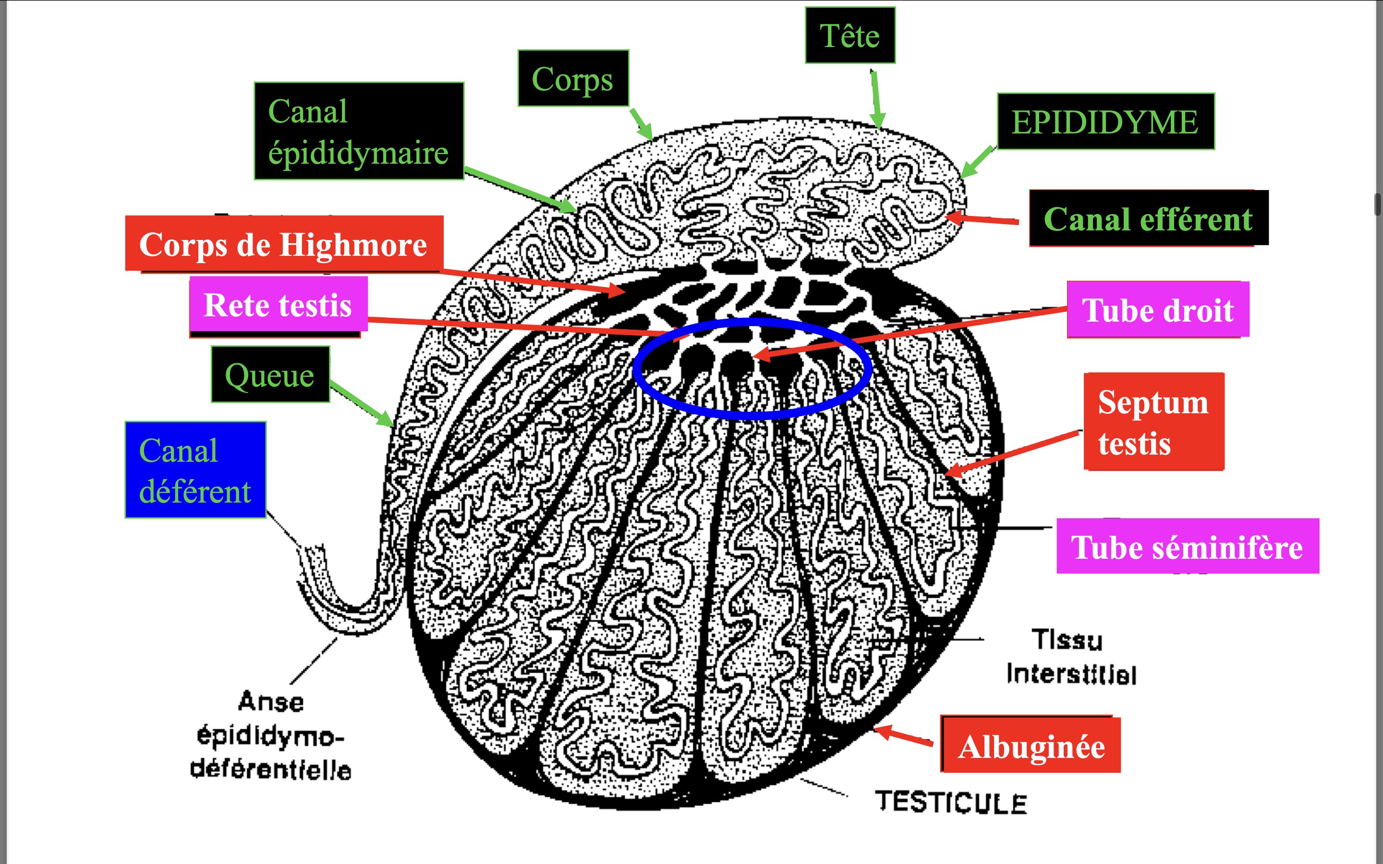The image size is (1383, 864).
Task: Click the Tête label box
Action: [850, 36]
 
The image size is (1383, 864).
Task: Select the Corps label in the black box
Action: [572, 78]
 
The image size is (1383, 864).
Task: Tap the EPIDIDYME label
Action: [1105, 122]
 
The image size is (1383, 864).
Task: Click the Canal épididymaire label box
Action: [359, 131]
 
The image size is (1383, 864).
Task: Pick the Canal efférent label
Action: [1148, 219]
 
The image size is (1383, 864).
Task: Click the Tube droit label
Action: [1158, 310]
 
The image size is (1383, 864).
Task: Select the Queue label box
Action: [270, 374]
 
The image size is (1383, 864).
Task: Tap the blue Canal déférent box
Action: [195, 470]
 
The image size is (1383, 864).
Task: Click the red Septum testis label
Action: [1153, 422]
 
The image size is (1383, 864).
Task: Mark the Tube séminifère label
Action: [1187, 546]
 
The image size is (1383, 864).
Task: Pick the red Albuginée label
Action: [1031, 746]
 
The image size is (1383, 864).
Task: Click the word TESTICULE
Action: [951, 802]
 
